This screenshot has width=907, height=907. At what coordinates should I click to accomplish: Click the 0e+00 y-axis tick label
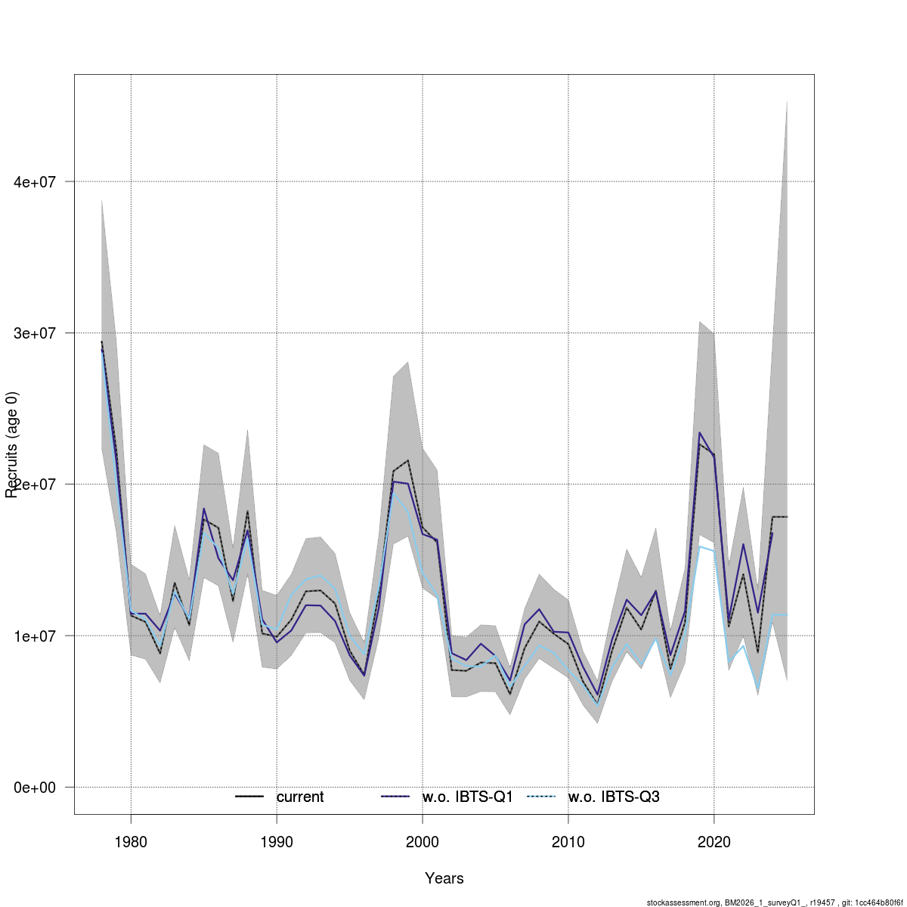point(35,788)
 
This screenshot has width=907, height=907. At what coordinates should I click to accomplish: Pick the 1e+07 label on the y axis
point(35,636)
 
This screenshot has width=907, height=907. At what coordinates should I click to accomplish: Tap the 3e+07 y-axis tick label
point(35,333)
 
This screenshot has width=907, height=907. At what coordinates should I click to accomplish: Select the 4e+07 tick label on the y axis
point(35,182)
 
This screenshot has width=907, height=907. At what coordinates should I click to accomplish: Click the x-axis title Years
point(444,878)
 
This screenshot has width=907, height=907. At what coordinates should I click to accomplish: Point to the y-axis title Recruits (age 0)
point(11,444)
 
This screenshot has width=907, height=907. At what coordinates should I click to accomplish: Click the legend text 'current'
point(300,797)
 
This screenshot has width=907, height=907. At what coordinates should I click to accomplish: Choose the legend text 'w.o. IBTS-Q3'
point(614,797)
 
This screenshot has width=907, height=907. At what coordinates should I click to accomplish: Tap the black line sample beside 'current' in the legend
point(249,797)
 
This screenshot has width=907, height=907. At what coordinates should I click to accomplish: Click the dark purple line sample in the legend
point(395,797)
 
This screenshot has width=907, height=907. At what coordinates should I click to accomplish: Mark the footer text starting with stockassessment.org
point(775,902)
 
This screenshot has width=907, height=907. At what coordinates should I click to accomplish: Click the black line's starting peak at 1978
point(102,342)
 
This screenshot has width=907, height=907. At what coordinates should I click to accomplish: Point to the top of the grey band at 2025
point(787,101)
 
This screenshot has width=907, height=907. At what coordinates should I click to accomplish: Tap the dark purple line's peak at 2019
point(700,432)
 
